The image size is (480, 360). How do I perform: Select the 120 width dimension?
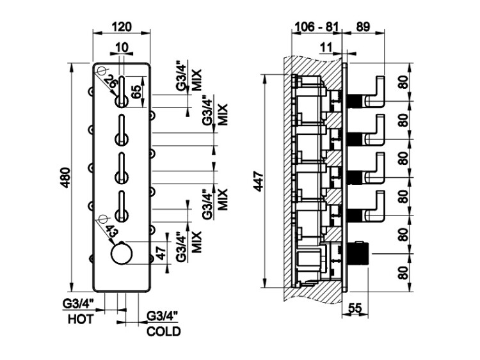[121, 26]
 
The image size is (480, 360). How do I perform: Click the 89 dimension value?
[362, 26]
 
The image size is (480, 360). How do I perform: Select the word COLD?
[164, 331]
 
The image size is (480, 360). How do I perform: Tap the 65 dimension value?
[136, 91]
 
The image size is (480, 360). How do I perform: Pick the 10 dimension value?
[122, 47]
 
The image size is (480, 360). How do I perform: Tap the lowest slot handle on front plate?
[120, 208]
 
